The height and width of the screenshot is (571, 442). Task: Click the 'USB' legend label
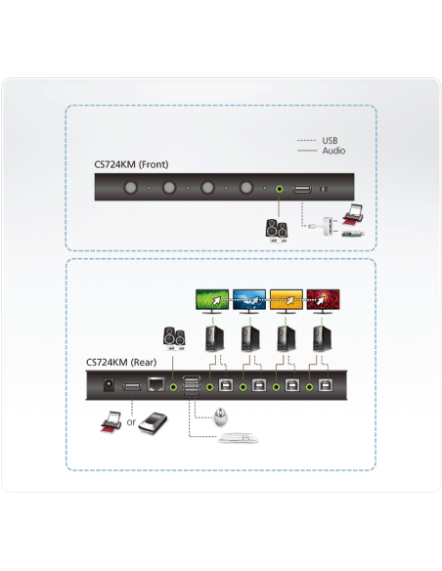pyautogui.click(x=330, y=141)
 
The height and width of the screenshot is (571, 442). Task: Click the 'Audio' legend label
pyautogui.click(x=332, y=152)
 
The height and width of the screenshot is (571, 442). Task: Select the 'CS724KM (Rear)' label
pyautogui.click(x=117, y=362)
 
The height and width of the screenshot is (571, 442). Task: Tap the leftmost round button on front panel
pyautogui.click(x=128, y=188)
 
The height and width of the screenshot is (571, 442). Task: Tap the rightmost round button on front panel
pyautogui.click(x=246, y=188)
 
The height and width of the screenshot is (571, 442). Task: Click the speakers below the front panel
pyautogui.click(x=278, y=229)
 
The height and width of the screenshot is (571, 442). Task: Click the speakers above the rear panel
pyautogui.click(x=177, y=337)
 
